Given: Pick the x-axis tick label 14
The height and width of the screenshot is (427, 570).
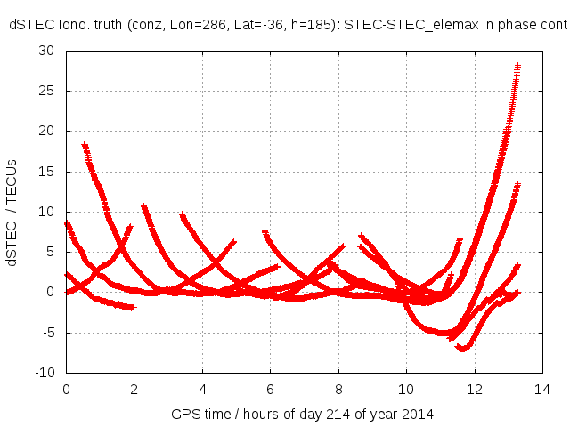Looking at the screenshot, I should [x=542, y=389].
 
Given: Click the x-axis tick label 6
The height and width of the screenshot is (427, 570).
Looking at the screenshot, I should [x=271, y=389].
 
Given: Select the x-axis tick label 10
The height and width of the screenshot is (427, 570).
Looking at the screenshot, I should [x=406, y=389].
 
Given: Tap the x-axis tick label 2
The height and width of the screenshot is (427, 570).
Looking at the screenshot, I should [x=134, y=389].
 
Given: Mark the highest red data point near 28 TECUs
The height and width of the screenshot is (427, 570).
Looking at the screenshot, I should [x=517, y=67].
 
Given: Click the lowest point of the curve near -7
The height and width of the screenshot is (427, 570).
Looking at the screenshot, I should [x=462, y=348].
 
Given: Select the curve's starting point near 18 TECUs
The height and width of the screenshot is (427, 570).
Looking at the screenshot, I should [x=85, y=145].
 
